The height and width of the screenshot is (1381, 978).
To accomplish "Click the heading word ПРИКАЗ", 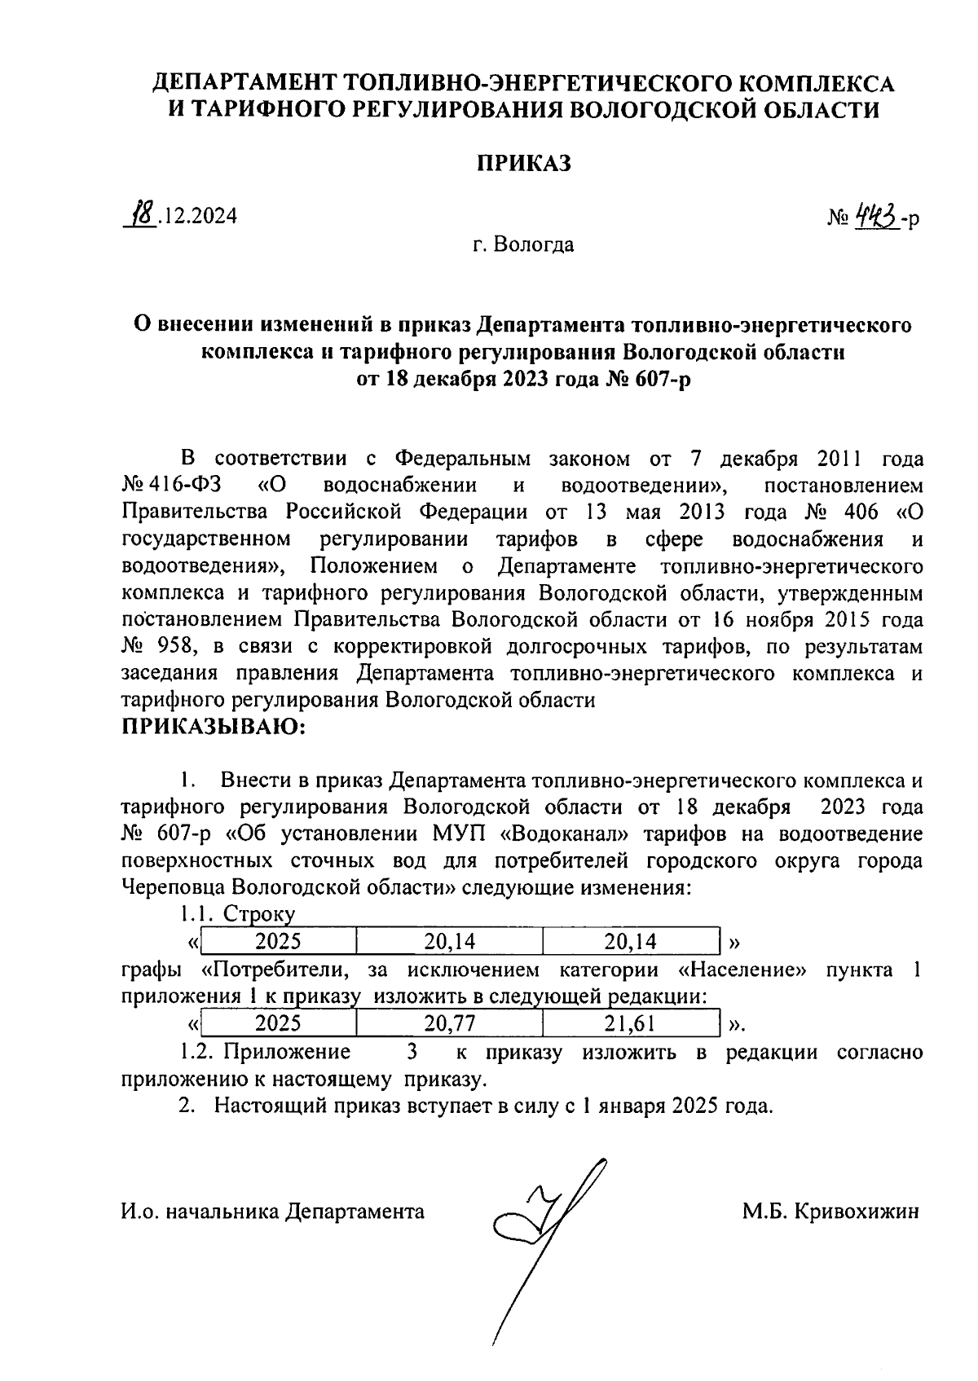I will (524, 163).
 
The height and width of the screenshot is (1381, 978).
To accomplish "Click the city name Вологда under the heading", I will (535, 244).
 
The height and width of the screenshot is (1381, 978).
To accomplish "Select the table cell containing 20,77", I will (449, 1023).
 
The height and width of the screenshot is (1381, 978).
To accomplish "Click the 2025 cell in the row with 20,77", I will (278, 1023).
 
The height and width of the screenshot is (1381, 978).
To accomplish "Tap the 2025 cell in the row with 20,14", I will (278, 942).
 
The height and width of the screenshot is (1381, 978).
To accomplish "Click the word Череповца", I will (173, 887).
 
